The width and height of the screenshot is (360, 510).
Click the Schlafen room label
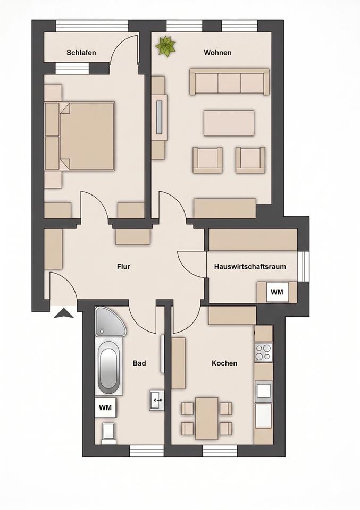81,53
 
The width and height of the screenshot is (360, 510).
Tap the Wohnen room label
218,53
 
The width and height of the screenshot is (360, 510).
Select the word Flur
124,266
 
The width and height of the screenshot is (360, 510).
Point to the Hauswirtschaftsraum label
250,266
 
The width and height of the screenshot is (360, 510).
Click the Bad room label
139,363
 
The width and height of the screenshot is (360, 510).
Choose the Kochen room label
224,363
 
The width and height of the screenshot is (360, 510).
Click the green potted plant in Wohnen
166,46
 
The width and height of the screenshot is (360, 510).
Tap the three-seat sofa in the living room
230,82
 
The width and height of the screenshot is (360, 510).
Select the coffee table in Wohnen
229,123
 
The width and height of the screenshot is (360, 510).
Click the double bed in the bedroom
80,137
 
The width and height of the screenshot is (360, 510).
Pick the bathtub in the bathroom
108,367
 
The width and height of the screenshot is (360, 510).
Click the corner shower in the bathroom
109,321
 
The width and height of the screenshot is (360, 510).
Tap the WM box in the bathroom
105,407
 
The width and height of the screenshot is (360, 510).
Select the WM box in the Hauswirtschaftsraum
277,292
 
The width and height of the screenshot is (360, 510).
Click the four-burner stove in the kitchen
263,352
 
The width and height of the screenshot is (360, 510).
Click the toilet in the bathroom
109,433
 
